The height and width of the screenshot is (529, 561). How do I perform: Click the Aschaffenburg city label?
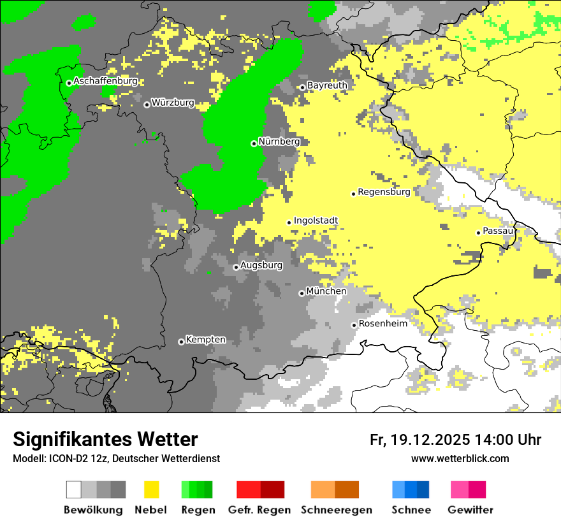coord(105,82)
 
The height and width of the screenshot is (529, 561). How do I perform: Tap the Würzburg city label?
coord(173,103)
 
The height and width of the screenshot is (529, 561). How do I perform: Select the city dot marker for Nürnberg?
coord(254,143)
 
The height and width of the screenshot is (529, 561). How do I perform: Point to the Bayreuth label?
coord(327,85)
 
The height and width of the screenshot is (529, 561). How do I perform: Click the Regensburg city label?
coord(384,192)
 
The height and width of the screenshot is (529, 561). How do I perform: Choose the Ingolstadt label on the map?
coord(316,221)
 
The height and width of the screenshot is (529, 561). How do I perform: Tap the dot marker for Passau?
coord(478,233)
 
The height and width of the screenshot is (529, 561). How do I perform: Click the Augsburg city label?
coord(261,266)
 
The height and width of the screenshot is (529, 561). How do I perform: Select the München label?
coord(326,291)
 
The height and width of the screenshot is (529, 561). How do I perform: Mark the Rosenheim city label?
coord(383,324)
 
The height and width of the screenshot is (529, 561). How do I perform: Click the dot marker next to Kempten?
coord(181,342)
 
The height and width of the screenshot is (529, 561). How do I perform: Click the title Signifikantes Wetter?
coord(105,440)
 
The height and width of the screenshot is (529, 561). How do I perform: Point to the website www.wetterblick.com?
coord(460,459)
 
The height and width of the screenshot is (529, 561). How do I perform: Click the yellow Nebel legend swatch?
coord(152,489)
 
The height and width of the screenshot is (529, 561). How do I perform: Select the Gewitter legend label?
coord(470,510)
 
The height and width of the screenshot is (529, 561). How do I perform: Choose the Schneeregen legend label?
coord(337,510)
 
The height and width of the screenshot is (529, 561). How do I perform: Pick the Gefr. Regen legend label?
coord(259,510)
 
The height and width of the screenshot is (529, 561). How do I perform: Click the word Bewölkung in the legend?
coord(93,510)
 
